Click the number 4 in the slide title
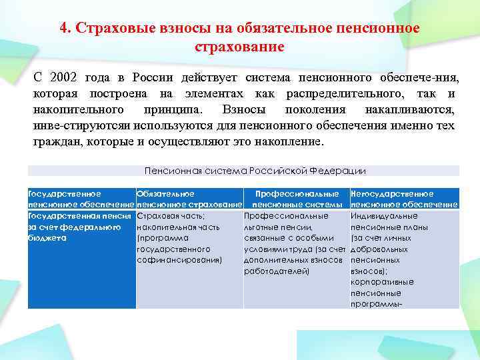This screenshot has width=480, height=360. coord(63,29)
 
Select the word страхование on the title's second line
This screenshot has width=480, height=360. coord(239,47)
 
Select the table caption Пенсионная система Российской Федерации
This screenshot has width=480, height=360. coord(255,171)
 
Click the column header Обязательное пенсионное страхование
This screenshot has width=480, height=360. coord(189,199)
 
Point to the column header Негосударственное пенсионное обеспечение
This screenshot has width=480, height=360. coord(404,199)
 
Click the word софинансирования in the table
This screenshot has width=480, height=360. coord(178,260)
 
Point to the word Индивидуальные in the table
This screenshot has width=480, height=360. coord(384,216)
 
